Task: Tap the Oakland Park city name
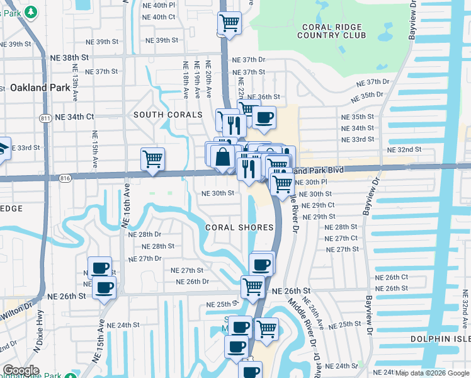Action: (x=40, y=88)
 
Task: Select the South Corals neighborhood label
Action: (x=168, y=115)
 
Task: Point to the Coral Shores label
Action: (x=240, y=227)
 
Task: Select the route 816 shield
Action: (x=65, y=179)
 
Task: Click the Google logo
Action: (x=21, y=370)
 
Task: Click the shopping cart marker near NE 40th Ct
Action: (x=230, y=24)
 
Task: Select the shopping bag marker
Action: (x=222, y=156)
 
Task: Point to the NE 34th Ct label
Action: (x=74, y=117)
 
